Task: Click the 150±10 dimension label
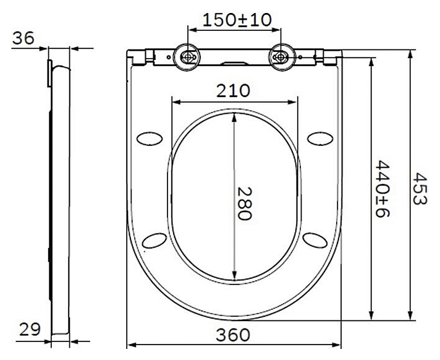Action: point(237,20)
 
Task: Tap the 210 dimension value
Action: point(233,91)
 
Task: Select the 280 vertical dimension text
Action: point(245,204)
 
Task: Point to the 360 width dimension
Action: point(233,335)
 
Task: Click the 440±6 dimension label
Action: point(383,189)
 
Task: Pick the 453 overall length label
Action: point(420,189)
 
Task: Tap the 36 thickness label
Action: point(23,38)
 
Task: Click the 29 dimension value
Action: point(30,329)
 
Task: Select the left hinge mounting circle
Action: point(187,57)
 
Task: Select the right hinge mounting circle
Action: point(281,57)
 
